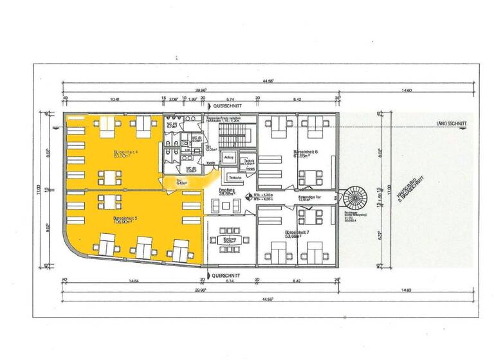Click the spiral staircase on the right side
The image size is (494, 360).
(x=354, y=196)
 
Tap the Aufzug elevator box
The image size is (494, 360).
(x=228, y=158)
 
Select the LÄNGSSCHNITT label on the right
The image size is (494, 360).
(x=450, y=124)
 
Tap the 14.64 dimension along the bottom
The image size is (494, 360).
(x=134, y=280)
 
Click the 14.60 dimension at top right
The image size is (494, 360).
(x=407, y=91)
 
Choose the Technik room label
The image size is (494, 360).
(x=250, y=163)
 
